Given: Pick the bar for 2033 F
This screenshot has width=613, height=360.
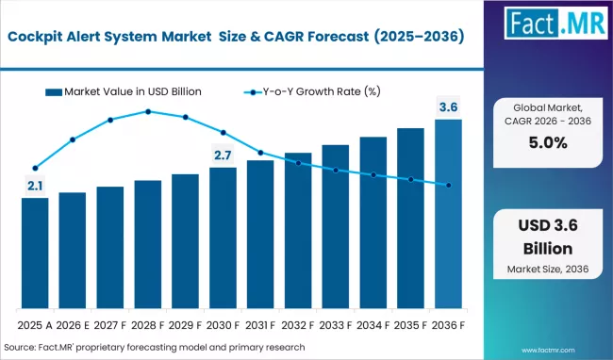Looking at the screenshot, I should [x=335, y=226].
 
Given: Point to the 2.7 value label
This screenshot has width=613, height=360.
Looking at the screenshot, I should [x=223, y=155].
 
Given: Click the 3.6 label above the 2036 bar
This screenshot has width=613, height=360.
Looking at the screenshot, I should [x=448, y=106].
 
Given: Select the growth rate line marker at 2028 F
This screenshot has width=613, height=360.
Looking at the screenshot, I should [x=148, y=111].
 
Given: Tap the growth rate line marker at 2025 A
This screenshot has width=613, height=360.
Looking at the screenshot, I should [x=35, y=168].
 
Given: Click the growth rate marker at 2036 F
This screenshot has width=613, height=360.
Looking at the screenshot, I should [x=448, y=186].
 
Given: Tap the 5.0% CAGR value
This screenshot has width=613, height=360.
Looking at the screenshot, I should [x=548, y=143].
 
